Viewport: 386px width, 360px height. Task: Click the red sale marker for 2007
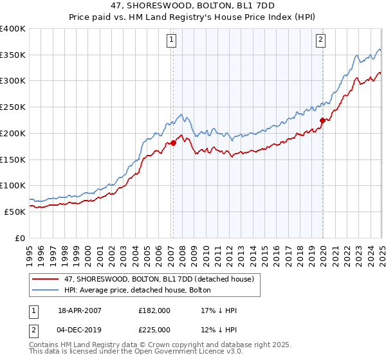pyautogui.click(x=173, y=143)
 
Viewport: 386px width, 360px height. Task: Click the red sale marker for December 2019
pyautogui.click(x=322, y=120)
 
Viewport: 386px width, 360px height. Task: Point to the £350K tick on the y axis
pyautogui.click(x=12, y=55)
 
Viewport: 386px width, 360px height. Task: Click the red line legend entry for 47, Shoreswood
pyautogui.click(x=154, y=278)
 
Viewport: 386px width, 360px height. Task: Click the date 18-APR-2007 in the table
pyautogui.click(x=80, y=310)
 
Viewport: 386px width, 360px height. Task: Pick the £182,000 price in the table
pyautogui.click(x=154, y=310)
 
